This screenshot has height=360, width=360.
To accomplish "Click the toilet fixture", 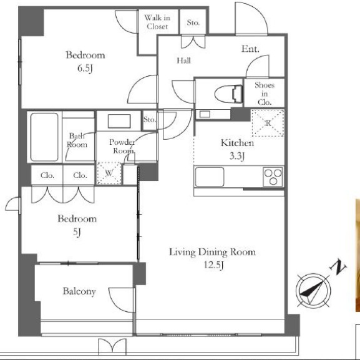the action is pos(229,94).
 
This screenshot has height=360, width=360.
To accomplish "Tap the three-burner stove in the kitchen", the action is pos(273,177).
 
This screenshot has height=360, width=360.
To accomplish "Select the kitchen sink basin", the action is pos(210,177).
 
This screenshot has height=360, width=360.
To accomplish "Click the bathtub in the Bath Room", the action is pos(44,137).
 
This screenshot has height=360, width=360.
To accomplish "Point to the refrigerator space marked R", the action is pos(268,123).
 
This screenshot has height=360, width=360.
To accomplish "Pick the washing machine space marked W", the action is pos(109,173).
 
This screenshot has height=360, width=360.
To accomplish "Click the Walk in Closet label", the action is pos(157,22).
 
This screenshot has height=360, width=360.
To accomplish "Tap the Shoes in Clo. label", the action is pos(265,94).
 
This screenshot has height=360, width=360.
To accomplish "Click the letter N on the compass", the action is pos(338,267).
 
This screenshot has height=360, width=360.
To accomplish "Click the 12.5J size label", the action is pos(214,265).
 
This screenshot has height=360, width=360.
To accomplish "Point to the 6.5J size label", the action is pos(85,68).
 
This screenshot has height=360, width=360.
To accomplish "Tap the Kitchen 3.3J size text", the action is pos(237,156).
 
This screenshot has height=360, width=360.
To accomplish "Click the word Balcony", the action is pos(79,291).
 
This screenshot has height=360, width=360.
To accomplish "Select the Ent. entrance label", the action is pos(250,49).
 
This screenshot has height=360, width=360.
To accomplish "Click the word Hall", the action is pos(183,61).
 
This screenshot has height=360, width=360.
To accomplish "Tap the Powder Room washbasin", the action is pos(119,121).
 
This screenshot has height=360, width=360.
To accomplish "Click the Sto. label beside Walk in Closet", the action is pos(193,22).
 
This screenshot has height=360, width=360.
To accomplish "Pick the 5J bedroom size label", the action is pos(77,232).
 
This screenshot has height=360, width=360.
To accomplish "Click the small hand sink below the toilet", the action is pos(205,114).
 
